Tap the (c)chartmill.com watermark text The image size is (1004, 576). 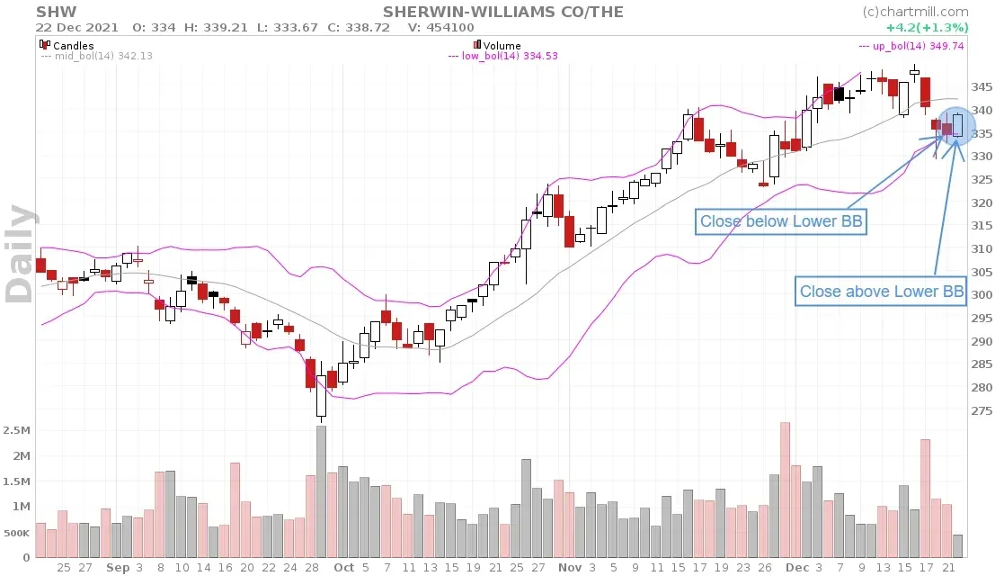[915, 12]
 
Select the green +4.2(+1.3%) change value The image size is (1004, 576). [935, 27]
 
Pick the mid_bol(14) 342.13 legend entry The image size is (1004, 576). [96, 56]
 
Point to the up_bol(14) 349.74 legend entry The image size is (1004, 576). [912, 44]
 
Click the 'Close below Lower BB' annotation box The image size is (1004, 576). [782, 221]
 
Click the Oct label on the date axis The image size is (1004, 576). [343, 568]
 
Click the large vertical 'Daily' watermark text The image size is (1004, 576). [22, 254]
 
